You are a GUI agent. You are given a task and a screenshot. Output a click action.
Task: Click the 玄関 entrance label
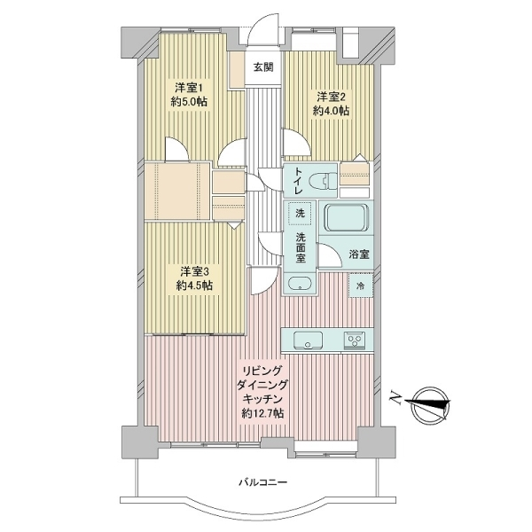pos(263,67)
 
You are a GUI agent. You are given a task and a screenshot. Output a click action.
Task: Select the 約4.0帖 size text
pos(331,111)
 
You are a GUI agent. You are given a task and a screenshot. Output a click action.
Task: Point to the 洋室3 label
pos(193,271)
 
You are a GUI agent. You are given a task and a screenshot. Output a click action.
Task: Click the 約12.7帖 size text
pos(263,413)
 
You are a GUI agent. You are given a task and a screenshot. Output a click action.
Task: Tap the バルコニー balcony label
pos(263,482)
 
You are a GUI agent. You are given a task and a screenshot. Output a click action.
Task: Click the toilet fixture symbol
pos(328,181)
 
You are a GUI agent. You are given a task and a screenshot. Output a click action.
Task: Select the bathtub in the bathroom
pos(346,217)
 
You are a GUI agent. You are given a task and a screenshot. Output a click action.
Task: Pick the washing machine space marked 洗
pos(300,213)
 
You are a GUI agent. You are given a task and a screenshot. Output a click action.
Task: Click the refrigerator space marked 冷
pos(361,286)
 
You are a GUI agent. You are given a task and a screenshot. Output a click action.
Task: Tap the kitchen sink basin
pos(308,340)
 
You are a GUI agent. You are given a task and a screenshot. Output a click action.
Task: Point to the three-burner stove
pos(355,340)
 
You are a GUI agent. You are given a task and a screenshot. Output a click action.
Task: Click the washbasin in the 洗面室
pos(300,283)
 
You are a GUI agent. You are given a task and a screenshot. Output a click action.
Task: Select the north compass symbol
pos(429,404)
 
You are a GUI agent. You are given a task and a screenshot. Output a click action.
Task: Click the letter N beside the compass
pos(395,397)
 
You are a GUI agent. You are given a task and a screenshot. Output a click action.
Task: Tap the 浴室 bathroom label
pos(359,254)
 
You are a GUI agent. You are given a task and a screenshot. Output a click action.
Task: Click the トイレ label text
pos(299,181)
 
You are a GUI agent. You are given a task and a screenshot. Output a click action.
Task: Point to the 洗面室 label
pos(301,247)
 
